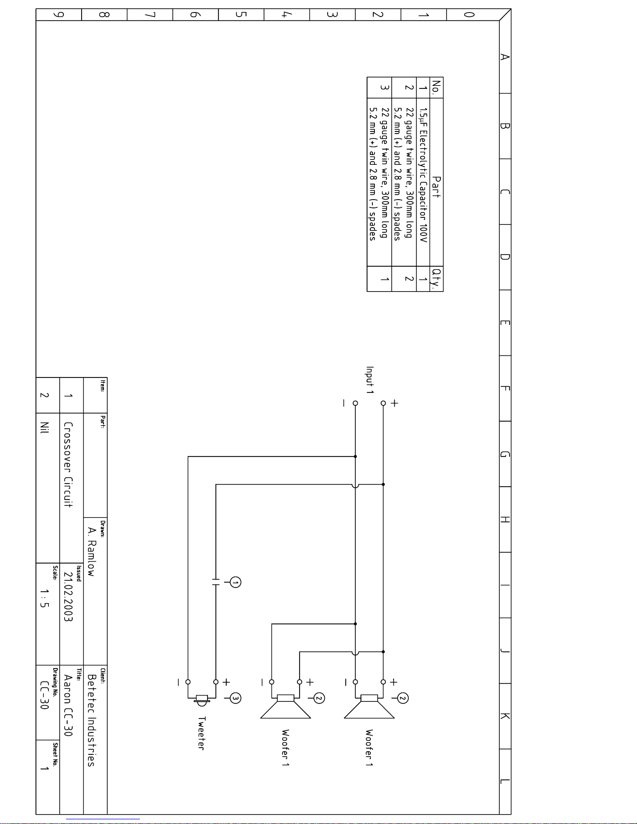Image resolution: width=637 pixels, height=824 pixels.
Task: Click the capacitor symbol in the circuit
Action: [x=216, y=582]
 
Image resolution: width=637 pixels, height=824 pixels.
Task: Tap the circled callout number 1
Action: [x=236, y=582]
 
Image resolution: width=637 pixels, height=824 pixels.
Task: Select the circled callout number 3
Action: [x=236, y=698]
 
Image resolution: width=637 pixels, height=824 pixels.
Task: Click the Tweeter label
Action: [x=201, y=733]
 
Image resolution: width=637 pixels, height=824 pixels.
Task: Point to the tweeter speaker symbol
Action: [x=201, y=700]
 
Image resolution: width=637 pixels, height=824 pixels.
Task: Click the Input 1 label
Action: [x=370, y=380]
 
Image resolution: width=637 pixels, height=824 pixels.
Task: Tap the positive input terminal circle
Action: [x=383, y=403]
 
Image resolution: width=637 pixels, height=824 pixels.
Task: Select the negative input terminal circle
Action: [x=355, y=403]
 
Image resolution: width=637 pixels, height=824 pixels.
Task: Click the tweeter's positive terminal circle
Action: [x=216, y=682]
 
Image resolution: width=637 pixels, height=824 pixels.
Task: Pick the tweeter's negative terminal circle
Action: [x=188, y=682]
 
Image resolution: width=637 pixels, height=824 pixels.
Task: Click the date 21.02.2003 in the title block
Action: [x=68, y=596]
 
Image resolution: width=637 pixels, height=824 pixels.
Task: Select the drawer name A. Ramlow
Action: [x=92, y=552]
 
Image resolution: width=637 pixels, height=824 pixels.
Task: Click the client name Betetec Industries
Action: [x=91, y=720]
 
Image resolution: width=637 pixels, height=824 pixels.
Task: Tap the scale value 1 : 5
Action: [x=44, y=598]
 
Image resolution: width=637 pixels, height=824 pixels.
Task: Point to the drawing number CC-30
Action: [x=44, y=695]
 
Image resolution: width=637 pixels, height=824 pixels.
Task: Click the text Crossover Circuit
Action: [x=68, y=465]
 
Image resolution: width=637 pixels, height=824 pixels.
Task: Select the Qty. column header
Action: [x=436, y=279]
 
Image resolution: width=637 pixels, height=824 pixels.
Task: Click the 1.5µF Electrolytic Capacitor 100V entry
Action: [x=423, y=175]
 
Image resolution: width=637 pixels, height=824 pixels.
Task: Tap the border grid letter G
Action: [x=505, y=454]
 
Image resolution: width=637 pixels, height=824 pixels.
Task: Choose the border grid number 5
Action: [x=241, y=15]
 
